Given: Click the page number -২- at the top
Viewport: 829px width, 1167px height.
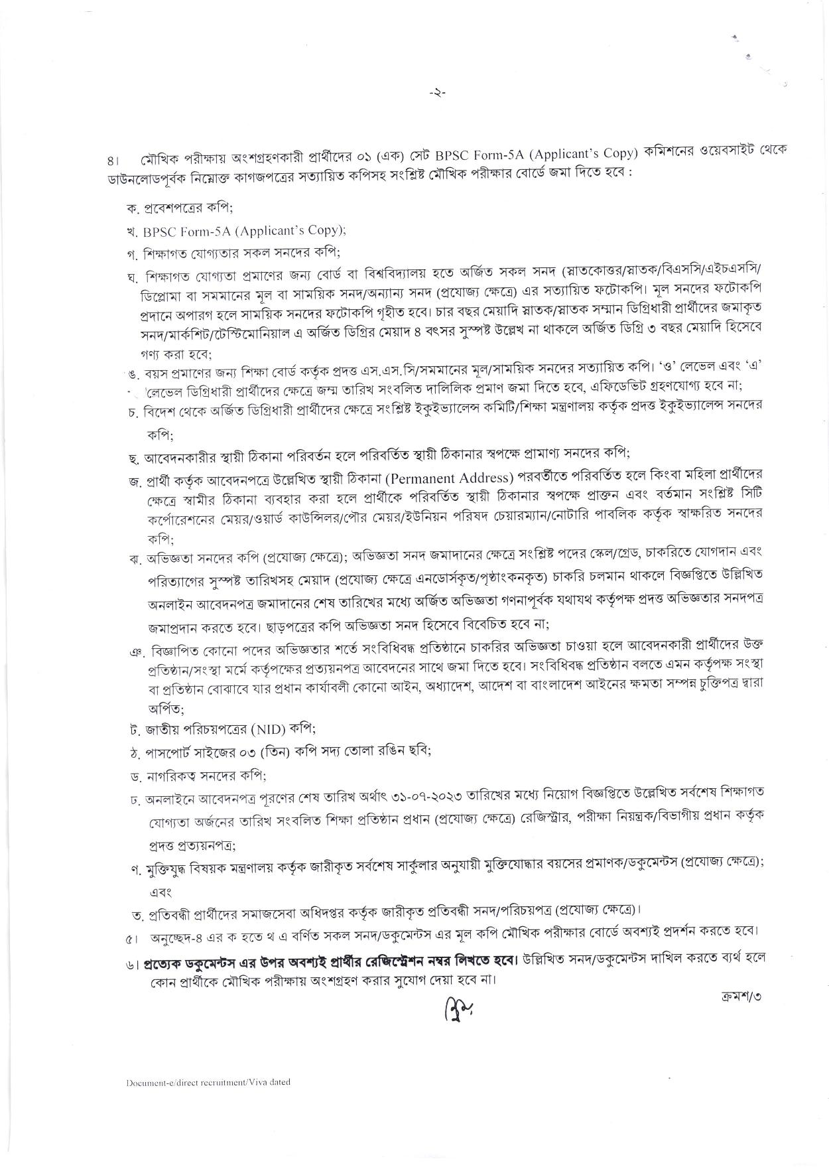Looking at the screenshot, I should tap(437, 94).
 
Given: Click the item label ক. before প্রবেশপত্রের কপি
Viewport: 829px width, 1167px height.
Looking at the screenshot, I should tap(131, 208).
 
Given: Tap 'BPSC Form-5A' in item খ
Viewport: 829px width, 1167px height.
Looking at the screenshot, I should tap(176, 230).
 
